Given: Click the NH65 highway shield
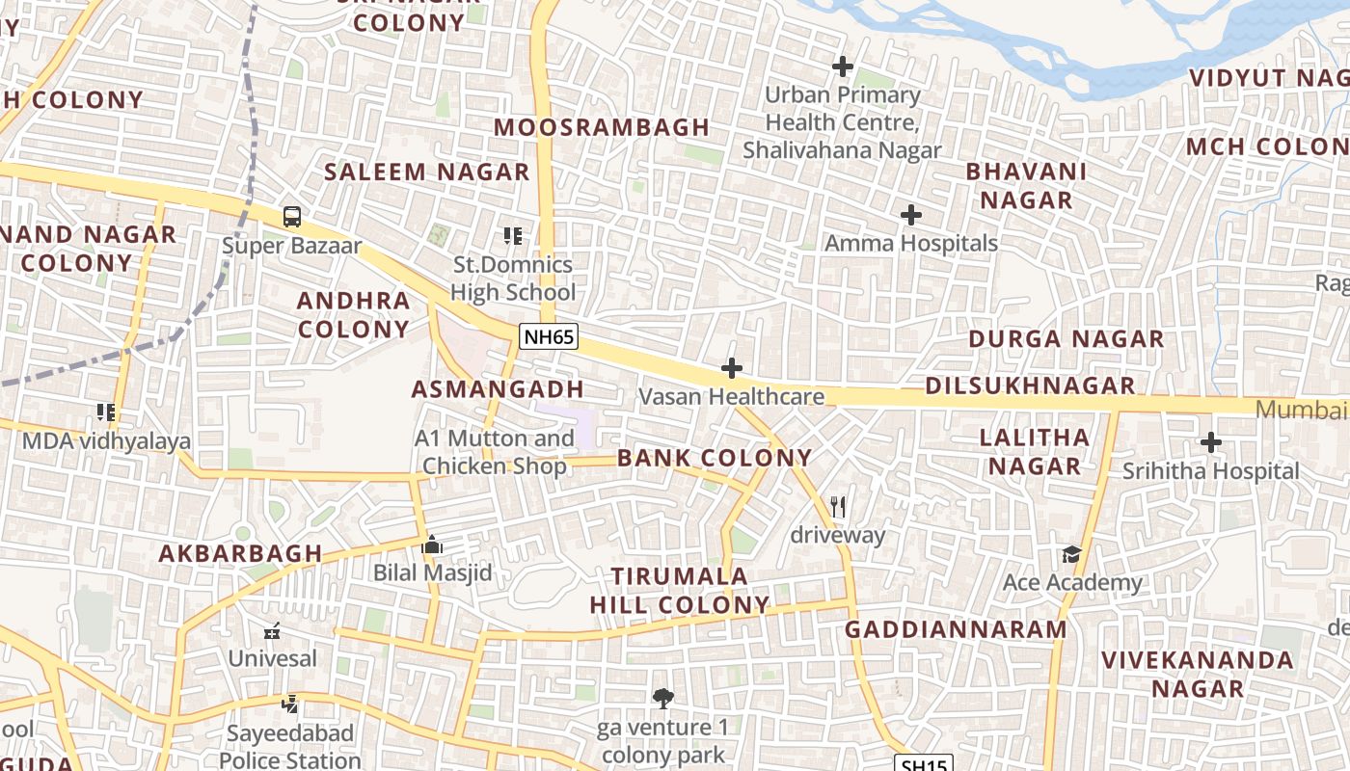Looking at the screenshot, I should tap(549, 337).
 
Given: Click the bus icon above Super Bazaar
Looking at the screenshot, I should tap(292, 217).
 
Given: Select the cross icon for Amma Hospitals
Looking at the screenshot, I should tap(910, 215).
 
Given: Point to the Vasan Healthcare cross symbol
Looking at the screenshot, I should tap(732, 368).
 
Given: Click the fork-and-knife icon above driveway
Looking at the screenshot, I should tap(838, 506).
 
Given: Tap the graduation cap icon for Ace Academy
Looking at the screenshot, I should tap(1071, 554).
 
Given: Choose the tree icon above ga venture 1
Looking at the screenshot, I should tap(662, 699).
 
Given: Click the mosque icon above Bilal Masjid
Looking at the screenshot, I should tap(432, 545).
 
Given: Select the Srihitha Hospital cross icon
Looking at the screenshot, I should tap(1211, 443).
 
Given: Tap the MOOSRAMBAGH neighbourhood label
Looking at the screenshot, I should tap(602, 127).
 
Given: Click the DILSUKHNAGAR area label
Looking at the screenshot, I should tap(1030, 385).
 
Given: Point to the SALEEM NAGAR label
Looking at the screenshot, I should tap(427, 173).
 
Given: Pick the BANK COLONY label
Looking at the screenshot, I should tap(715, 458).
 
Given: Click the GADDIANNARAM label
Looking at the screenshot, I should tap(956, 629).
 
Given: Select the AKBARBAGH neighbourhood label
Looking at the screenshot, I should tap(240, 553).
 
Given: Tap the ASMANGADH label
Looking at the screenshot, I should tap(498, 389).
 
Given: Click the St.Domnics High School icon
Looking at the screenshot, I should tap(512, 235).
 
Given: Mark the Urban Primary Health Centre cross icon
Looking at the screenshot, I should tap(843, 66).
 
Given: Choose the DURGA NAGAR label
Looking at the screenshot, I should tap(1066, 339).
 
